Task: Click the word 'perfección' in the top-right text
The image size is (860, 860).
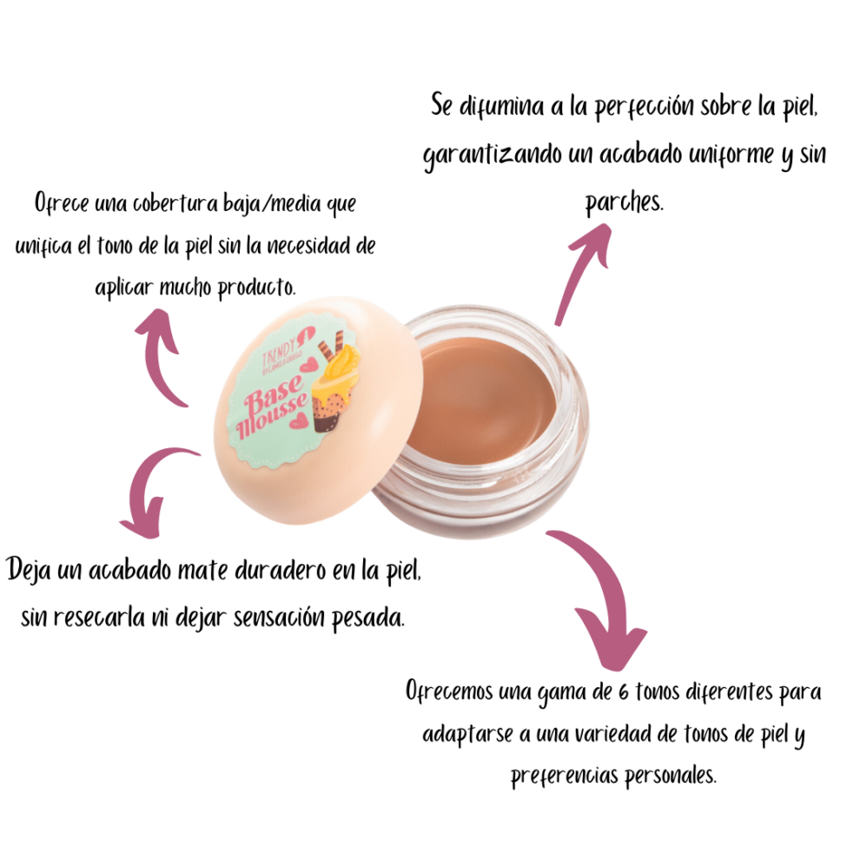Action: (x=627, y=109)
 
